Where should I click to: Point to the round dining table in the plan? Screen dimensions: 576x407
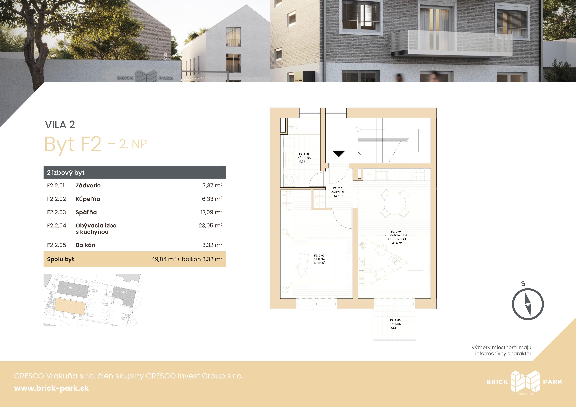click(395, 203)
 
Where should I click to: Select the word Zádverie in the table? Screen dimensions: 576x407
click(88, 186)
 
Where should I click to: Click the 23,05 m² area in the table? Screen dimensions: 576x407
click(210, 225)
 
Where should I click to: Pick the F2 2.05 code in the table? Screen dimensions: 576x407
click(56, 245)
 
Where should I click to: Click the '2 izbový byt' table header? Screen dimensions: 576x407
click(66, 172)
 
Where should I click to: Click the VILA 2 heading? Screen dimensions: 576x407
click(60, 125)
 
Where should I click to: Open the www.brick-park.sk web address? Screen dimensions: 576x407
click(51, 388)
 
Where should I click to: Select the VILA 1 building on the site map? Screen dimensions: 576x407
click(125, 295)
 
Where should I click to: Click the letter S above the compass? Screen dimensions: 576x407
click(523, 284)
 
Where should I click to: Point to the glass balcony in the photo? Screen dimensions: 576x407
click(451, 43)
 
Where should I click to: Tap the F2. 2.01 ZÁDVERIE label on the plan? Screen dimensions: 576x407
click(338, 192)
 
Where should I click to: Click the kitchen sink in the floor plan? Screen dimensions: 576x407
click(381, 174)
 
